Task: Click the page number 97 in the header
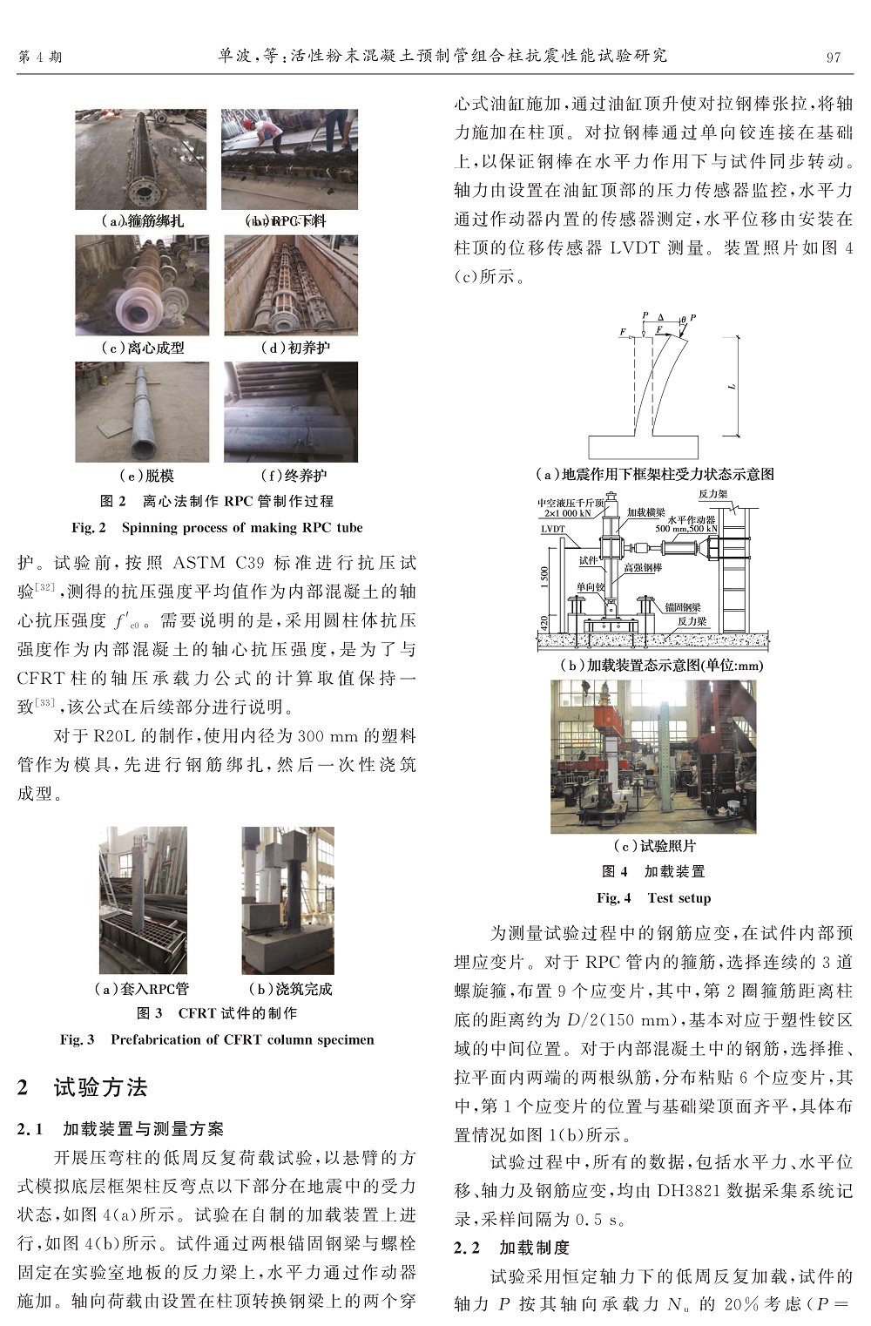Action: [834, 58]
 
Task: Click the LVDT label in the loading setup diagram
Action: [553, 529]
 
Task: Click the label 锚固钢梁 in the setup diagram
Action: [683, 607]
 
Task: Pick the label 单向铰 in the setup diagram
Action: [590, 587]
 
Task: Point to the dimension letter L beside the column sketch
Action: [733, 386]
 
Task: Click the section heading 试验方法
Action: [100, 1087]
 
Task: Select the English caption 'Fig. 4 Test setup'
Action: [653, 898]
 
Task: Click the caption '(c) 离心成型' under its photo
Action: [143, 348]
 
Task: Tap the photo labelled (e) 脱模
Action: [142, 412]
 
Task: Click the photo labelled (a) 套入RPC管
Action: [143, 901]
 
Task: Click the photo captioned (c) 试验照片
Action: [653, 756]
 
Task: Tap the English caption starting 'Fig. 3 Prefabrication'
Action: [217, 1039]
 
